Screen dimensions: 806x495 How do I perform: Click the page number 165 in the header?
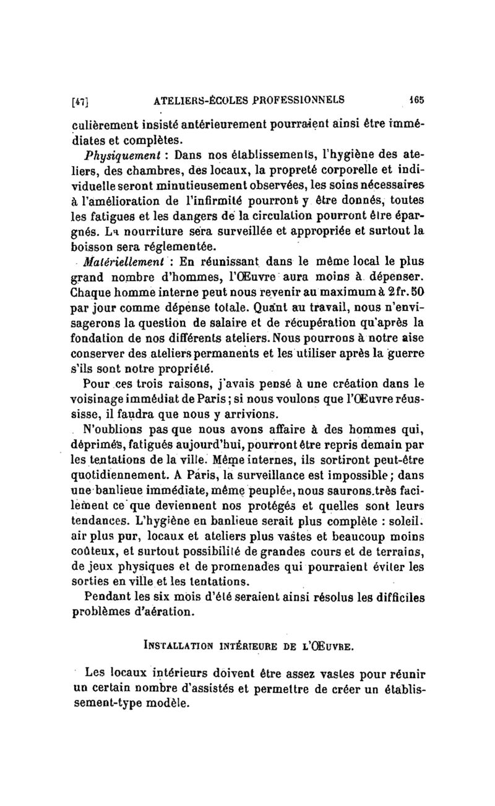coord(415,98)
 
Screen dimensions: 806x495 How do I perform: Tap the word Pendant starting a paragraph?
coord(112,598)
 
